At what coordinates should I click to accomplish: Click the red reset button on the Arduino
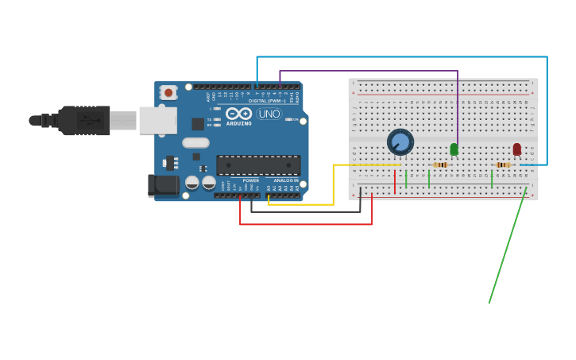click(x=168, y=92)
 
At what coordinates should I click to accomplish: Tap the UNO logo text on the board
click(x=269, y=114)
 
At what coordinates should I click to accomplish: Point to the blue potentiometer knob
click(x=400, y=142)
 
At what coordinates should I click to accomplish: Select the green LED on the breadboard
click(x=454, y=149)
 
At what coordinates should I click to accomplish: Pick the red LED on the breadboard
click(x=516, y=149)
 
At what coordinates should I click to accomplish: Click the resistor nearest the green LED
click(x=440, y=165)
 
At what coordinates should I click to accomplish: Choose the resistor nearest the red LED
click(x=503, y=165)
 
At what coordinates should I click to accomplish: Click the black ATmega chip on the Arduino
click(x=258, y=165)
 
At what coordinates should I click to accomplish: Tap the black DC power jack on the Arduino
click(x=164, y=185)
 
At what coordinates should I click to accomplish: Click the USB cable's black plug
click(x=83, y=121)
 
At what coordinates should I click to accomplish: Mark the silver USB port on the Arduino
click(x=157, y=120)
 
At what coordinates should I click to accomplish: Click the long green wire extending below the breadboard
click(x=507, y=246)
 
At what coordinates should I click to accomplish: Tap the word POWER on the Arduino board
click(x=250, y=180)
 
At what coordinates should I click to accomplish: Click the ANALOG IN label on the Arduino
click(x=286, y=180)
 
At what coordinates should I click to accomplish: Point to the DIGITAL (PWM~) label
click(x=266, y=101)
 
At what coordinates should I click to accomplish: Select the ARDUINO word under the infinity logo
click(x=238, y=123)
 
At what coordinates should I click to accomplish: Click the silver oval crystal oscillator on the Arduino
click(x=195, y=143)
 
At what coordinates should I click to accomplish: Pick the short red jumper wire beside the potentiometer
click(x=394, y=181)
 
